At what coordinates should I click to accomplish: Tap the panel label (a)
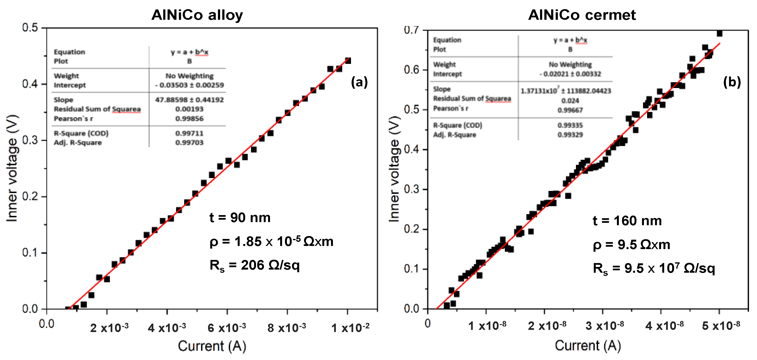[359, 82]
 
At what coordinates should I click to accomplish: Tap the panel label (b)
[732, 82]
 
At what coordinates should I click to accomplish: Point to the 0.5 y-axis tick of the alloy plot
[30, 28]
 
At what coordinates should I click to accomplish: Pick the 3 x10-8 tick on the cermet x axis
[604, 326]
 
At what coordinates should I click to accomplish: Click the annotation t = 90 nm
[240, 218]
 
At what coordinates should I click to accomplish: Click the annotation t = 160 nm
[627, 221]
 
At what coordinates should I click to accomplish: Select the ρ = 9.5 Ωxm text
[631, 245]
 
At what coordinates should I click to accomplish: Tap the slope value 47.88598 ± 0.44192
[189, 100]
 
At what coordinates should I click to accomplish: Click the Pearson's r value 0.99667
[570, 110]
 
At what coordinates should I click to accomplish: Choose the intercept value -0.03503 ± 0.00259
[189, 85]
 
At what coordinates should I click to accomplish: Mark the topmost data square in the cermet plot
[719, 34]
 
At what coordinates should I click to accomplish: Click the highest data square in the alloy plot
[348, 61]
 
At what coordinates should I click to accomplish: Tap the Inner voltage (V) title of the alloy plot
[12, 168]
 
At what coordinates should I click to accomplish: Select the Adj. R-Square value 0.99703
[189, 143]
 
